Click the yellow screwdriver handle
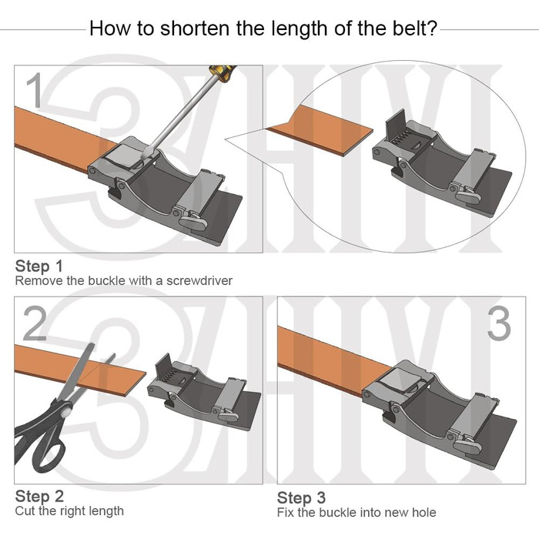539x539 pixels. click(x=222, y=73)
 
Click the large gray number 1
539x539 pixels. click(x=35, y=90)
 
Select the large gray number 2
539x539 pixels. click(x=35, y=324)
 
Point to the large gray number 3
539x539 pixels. click(x=499, y=324)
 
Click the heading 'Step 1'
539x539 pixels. click(x=39, y=266)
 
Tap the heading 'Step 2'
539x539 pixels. click(x=39, y=497)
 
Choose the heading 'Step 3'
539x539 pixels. click(x=301, y=497)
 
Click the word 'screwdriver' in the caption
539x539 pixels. click(x=199, y=281)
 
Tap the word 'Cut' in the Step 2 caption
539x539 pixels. click(x=25, y=511)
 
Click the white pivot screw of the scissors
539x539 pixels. click(x=68, y=410)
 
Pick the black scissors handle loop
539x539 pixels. click(x=49, y=453)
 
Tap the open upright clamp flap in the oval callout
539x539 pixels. click(x=395, y=126)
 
